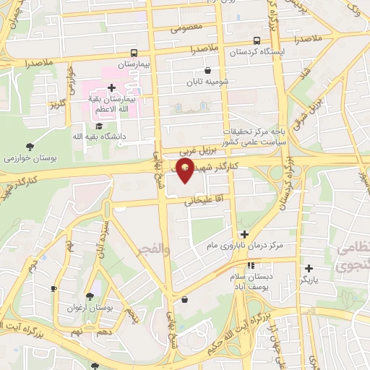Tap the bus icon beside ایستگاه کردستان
257,41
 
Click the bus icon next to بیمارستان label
134,53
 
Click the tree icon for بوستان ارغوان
90,296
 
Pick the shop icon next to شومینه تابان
208,71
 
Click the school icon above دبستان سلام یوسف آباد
250,266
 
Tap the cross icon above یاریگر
309,268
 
